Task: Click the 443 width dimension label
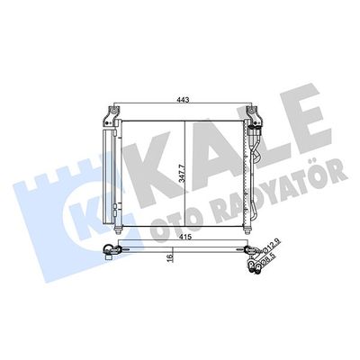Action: pyautogui.click(x=183, y=100)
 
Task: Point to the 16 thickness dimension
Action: pyautogui.click(x=170, y=258)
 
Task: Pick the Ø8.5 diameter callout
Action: pyautogui.click(x=267, y=258)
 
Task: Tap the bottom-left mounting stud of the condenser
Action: pyautogui.click(x=118, y=230)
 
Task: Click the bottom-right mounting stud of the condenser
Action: pyautogui.click(x=247, y=230)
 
